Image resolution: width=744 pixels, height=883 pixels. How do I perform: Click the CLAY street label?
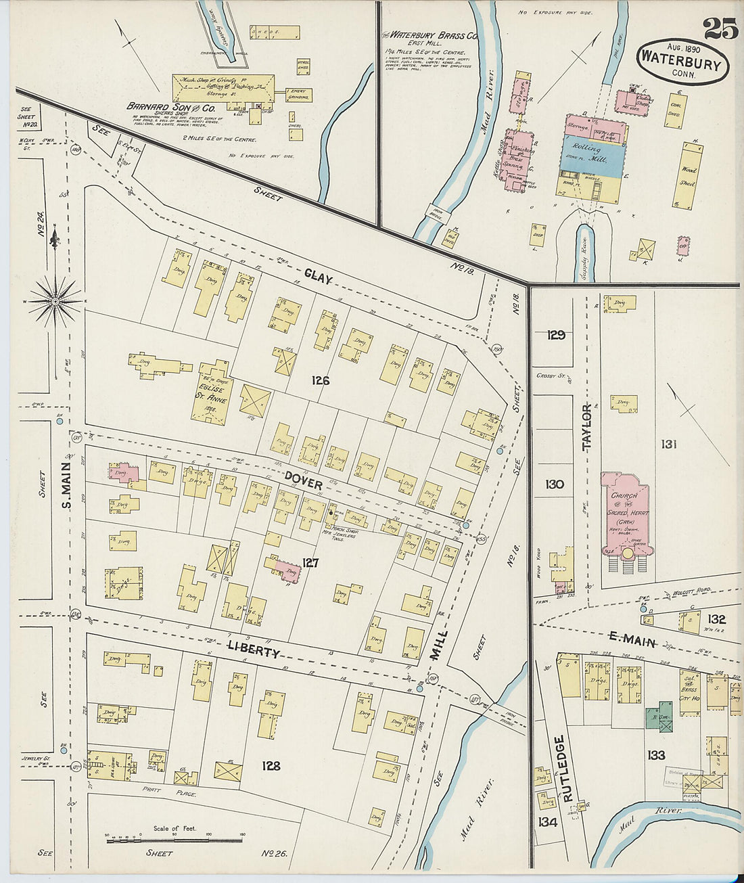tap(318, 275)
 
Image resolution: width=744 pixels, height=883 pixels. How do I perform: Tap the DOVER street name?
tap(303, 480)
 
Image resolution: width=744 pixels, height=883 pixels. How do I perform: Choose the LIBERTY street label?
tap(254, 648)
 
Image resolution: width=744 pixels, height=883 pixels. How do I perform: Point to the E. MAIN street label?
tap(632, 639)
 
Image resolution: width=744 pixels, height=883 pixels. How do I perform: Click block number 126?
tap(320, 381)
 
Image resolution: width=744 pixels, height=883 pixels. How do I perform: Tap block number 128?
tap(271, 766)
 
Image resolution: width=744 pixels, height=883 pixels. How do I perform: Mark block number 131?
tap(669, 445)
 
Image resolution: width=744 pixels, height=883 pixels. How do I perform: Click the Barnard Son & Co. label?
tap(171, 107)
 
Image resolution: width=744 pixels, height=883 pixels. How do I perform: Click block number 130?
tap(555, 484)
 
